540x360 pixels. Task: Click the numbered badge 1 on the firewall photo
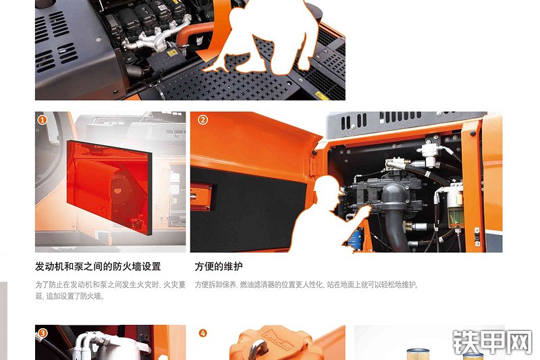(42, 120)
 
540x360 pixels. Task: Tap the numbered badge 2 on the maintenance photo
(202, 120)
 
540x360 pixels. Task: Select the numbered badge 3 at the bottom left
(42, 332)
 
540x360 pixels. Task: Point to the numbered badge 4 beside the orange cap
(202, 332)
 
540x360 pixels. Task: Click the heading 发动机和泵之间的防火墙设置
(98, 267)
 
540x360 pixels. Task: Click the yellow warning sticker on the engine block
(171, 52)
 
